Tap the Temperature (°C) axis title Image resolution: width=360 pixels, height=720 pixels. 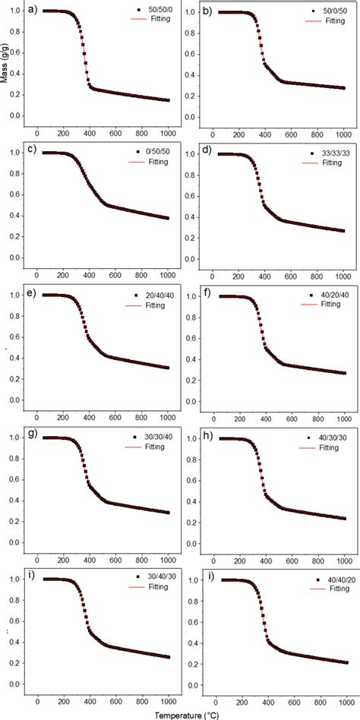pos(181,714)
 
